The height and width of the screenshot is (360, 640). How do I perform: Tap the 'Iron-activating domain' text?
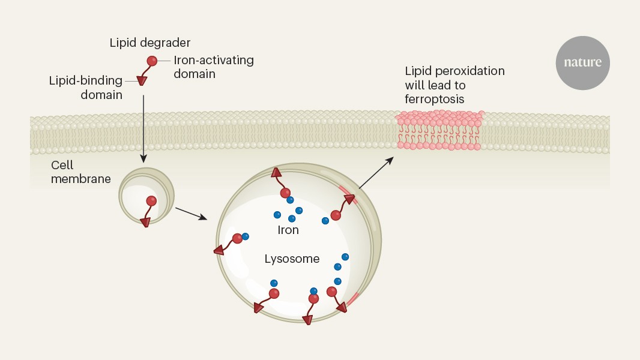coord(214,67)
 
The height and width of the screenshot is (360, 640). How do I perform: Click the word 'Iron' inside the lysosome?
coord(288,230)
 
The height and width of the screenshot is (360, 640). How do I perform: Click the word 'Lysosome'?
coord(292,259)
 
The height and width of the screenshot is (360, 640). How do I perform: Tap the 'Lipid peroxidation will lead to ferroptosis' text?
coord(454,85)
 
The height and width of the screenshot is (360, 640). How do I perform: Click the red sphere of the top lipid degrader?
coord(152,61)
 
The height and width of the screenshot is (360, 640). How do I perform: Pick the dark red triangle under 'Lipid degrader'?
coord(142,80)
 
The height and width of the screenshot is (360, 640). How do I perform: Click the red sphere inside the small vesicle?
coord(151,202)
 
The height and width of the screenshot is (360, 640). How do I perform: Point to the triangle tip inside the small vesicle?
coord(145,222)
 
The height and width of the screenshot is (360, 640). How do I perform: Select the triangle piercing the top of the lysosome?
coord(277,173)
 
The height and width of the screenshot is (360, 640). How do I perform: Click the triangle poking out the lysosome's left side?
coord(220,250)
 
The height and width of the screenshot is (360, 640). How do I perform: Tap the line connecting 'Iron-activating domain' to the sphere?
coord(166,61)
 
